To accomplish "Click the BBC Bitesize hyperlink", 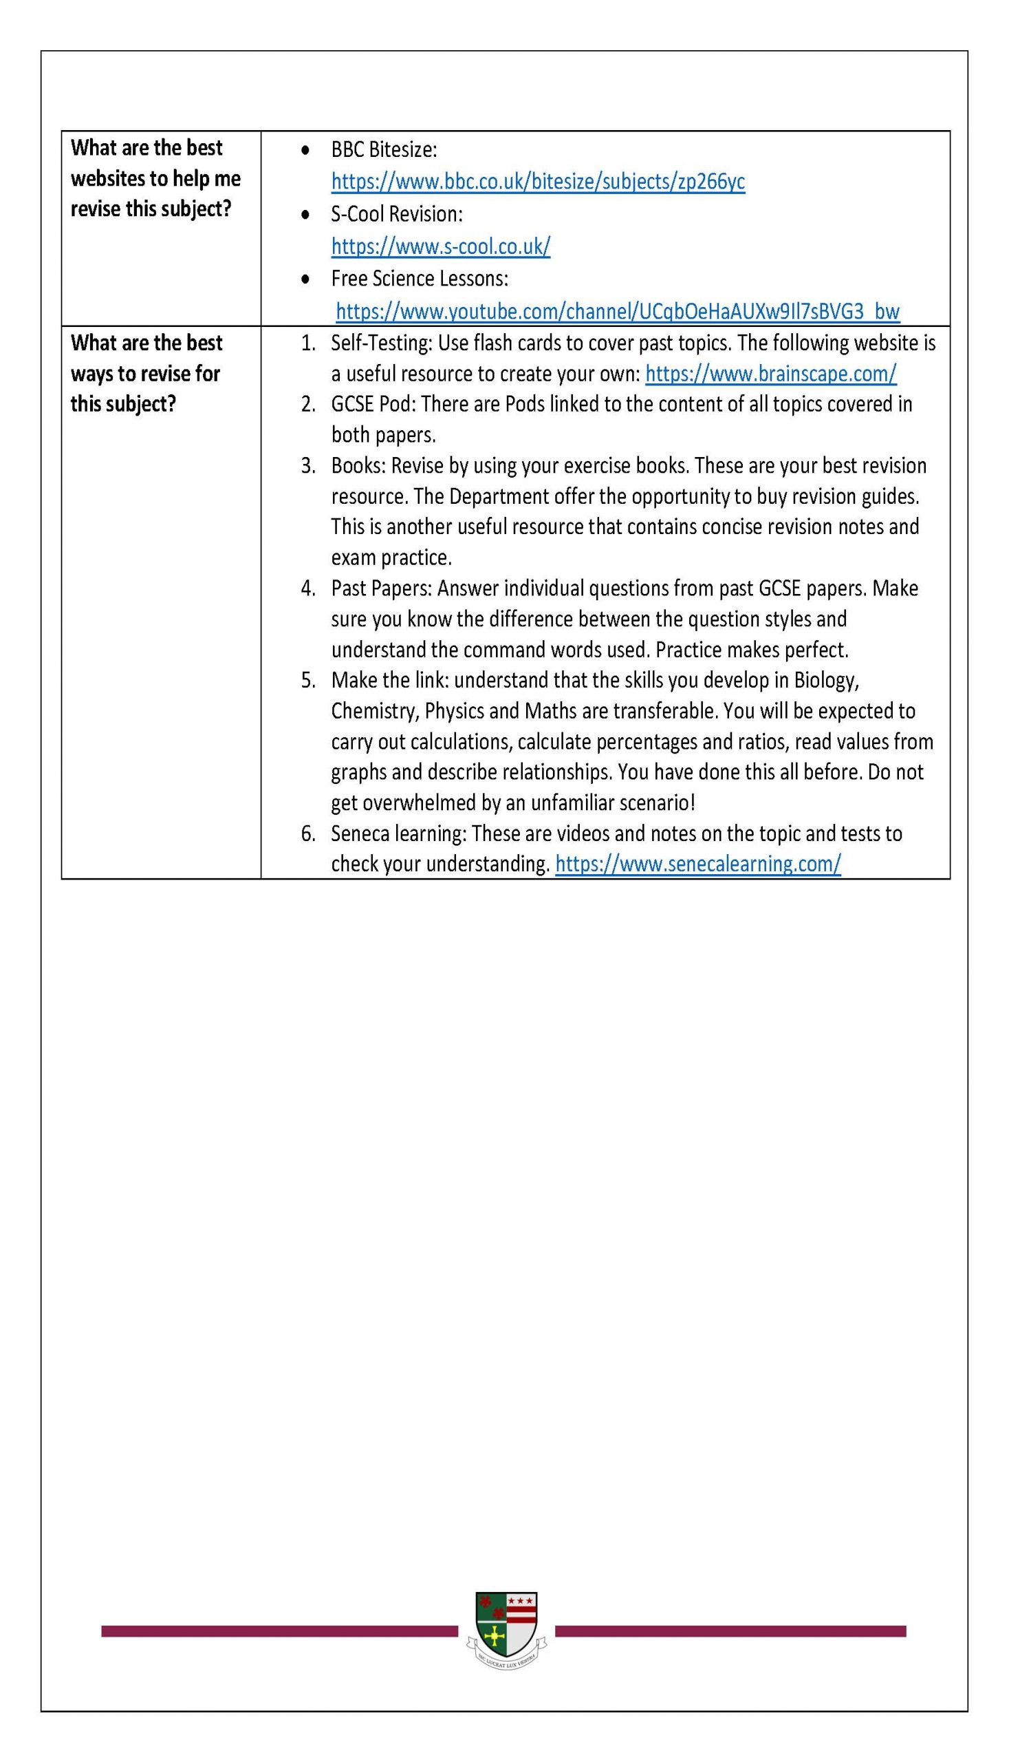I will point(538,182).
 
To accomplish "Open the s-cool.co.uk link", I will point(441,246).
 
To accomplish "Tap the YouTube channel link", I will point(618,311).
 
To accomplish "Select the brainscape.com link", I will point(770,374).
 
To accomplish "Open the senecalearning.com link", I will point(698,864).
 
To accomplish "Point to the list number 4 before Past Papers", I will point(307,588).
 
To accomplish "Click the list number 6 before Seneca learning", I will point(307,834).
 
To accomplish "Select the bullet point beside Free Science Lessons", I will point(305,279).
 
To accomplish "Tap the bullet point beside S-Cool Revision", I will point(305,215).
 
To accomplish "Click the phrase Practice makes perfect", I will point(752,650).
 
